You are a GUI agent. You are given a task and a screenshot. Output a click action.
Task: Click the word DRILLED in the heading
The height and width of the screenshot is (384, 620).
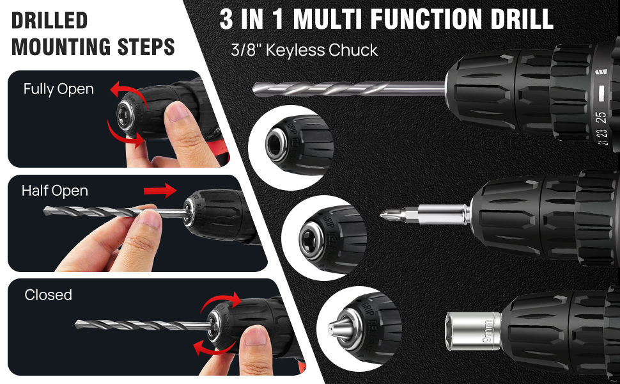pyautogui.click(x=49, y=20)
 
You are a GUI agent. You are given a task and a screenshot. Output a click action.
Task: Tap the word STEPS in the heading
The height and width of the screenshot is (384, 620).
pyautogui.click(x=146, y=47)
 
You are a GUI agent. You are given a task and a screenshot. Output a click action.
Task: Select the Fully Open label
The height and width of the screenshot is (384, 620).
pyautogui.click(x=59, y=90)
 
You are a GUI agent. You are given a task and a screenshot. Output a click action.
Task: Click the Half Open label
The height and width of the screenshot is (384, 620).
pyautogui.click(x=54, y=191)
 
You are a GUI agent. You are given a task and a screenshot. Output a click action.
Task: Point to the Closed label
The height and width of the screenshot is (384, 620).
pyautogui.click(x=48, y=295)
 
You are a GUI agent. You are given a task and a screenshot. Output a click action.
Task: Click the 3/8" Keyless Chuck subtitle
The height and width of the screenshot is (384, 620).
pyautogui.click(x=304, y=51)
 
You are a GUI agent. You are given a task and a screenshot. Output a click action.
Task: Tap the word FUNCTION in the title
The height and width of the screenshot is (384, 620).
pyautogui.click(x=424, y=19)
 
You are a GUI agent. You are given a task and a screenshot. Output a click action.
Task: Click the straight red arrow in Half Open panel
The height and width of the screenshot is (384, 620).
pyautogui.click(x=160, y=191)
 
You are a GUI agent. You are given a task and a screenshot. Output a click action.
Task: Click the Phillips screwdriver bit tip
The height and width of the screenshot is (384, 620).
pyautogui.click(x=383, y=214)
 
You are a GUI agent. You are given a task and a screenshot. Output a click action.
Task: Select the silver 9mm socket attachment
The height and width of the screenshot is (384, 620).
pyautogui.click(x=473, y=331)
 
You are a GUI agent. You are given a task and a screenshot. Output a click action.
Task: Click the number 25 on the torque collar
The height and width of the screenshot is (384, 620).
pyautogui.click(x=601, y=118)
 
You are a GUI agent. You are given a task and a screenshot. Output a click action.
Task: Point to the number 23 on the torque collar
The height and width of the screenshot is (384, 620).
pyautogui.click(x=601, y=134)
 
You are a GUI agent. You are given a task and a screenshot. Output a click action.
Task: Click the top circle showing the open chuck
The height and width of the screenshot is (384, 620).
pyautogui.click(x=291, y=147)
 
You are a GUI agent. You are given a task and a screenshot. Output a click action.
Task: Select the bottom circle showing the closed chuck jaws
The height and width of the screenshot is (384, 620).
pyautogui.click(x=359, y=329)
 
